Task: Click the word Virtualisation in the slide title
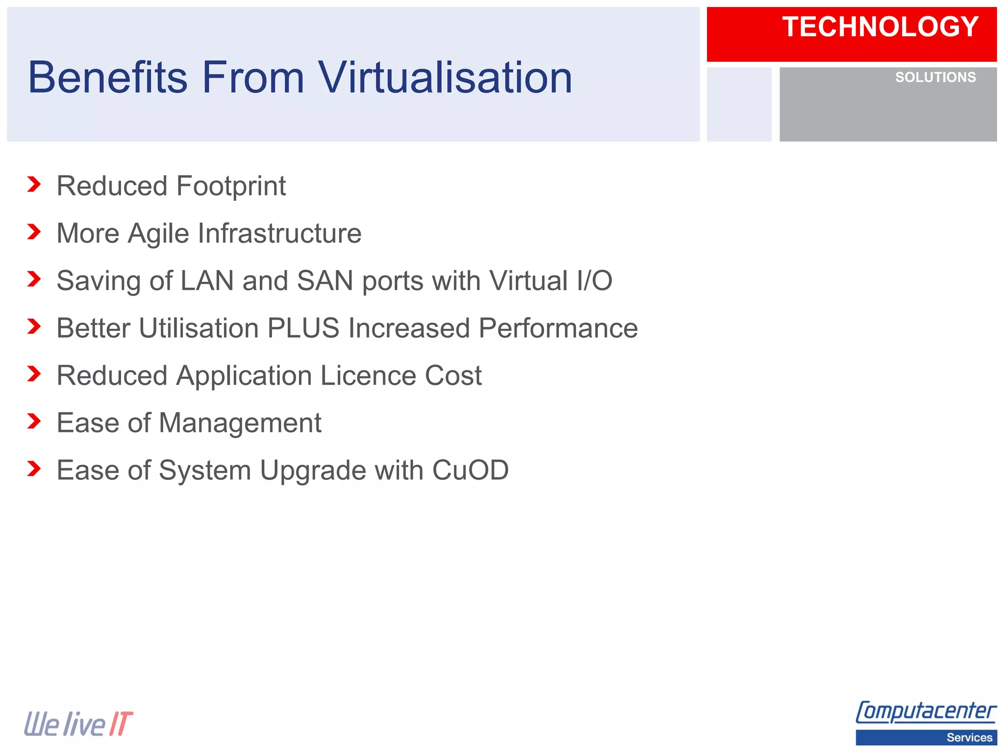click(445, 77)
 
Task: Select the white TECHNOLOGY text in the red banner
click(880, 27)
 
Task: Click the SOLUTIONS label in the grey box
click(935, 77)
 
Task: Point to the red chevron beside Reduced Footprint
click(34, 184)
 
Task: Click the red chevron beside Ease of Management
click(34, 421)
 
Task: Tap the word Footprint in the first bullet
click(231, 186)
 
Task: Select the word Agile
click(158, 233)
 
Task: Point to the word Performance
click(558, 328)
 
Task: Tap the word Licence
click(368, 376)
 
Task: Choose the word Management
click(240, 423)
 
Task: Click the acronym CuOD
click(470, 470)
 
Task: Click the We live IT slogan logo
click(78, 724)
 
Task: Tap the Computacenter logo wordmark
click(926, 712)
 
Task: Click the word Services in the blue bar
click(969, 737)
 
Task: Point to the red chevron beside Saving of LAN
click(34, 279)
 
